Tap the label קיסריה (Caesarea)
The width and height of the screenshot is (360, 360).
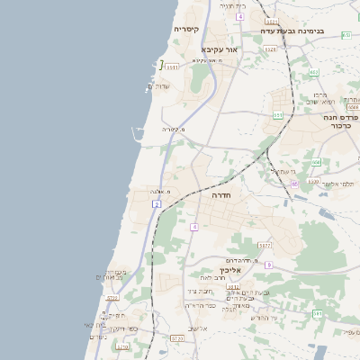pos(186,30)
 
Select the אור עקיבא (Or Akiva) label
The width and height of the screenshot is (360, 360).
pos(220,49)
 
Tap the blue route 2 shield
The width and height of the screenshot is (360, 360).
pos(157,205)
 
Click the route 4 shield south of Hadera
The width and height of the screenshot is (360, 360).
pos(193,227)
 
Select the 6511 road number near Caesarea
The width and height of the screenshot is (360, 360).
pos(172,66)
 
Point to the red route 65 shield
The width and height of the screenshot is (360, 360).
pos(293,184)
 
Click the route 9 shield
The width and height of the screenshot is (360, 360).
pos(267,265)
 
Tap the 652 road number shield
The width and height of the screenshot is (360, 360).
pos(314,72)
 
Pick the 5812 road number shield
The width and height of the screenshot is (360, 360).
pos(264,245)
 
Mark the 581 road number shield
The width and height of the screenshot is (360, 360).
pos(318,313)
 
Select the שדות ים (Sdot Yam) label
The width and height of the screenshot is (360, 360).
pos(160,86)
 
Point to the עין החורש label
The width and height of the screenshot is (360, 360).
pos(262,318)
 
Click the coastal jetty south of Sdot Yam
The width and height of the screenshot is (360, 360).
pos(138,134)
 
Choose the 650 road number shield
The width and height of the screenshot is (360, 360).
pos(316,163)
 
